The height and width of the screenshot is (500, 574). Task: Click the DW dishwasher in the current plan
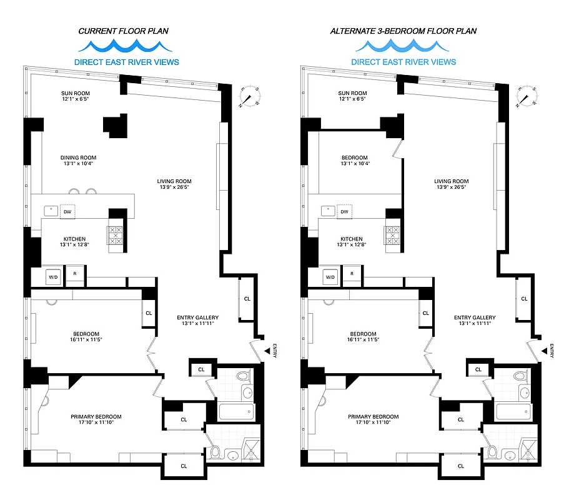pyautogui.click(x=67, y=212)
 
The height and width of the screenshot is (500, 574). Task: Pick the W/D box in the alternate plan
pyautogui.click(x=330, y=277)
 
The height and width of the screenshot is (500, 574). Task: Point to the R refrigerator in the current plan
pyautogui.click(x=75, y=274)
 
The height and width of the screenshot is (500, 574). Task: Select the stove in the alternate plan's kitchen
pyautogui.click(x=392, y=235)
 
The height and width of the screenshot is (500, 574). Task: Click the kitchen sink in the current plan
pyautogui.click(x=49, y=211)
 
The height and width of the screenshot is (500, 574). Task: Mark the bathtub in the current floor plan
pyautogui.click(x=237, y=412)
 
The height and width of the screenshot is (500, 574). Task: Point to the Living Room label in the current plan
pyautogui.click(x=173, y=185)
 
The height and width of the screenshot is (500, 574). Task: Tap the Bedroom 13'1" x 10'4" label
pyautogui.click(x=355, y=161)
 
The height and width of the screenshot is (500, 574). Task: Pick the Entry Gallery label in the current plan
pyautogui.click(x=197, y=321)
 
